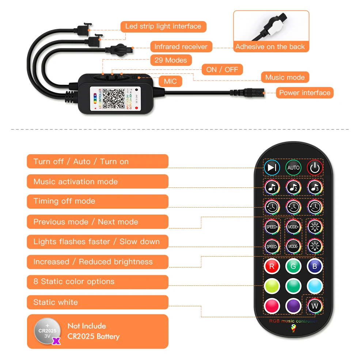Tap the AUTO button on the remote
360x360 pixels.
click(293, 168)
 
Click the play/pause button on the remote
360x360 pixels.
click(272, 168)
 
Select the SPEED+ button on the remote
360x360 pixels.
click(272, 227)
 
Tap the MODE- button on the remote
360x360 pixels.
click(293, 246)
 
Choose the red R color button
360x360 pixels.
click(272, 266)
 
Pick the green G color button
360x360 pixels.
click(293, 266)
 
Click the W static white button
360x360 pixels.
click(315, 305)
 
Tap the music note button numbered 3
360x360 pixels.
click(315, 187)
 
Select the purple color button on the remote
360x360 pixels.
click(293, 305)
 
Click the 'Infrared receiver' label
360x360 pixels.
click(181, 47)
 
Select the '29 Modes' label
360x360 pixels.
click(171, 60)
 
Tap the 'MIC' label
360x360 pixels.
click(170, 81)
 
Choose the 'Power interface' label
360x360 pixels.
click(304, 93)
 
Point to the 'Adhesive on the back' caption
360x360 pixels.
click(270, 46)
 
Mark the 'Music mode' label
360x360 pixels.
click(285, 77)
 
